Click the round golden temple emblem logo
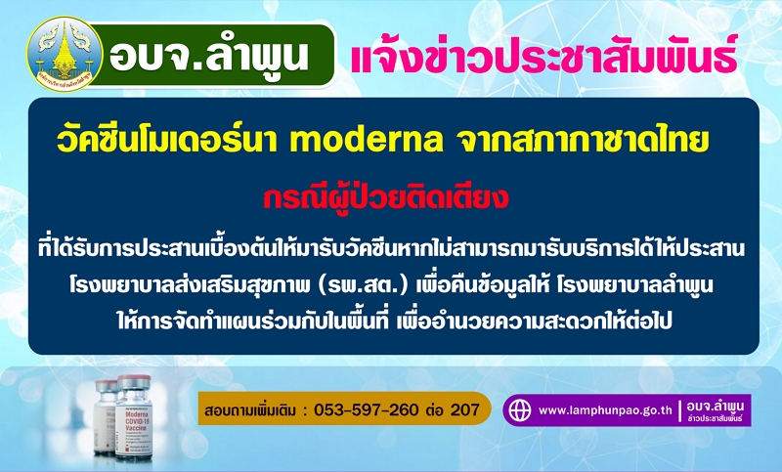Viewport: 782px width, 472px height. point(65,55)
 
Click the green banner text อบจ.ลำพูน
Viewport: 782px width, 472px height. point(209,55)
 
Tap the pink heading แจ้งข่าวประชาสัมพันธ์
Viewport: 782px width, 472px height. point(544,55)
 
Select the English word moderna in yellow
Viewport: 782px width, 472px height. point(366,141)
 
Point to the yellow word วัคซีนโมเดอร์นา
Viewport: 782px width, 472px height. point(168,140)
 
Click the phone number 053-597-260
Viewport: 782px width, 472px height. point(366,409)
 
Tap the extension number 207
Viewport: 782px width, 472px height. point(465,409)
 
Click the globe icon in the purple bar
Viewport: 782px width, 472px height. point(519,410)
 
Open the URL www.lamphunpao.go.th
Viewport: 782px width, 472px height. point(605,410)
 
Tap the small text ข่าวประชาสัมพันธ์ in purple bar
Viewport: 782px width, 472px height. point(716,418)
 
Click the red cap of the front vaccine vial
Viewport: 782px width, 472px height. point(133,382)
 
